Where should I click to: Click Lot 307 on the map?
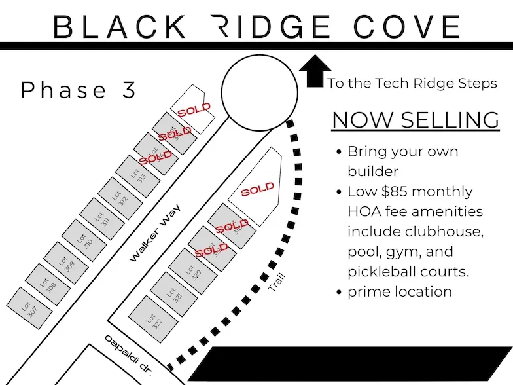tap(27, 306)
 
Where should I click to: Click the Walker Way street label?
tap(154, 232)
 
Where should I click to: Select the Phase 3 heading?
tap(79, 90)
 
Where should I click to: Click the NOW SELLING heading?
tap(416, 120)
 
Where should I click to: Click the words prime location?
tap(399, 292)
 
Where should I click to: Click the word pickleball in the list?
tap(380, 272)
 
